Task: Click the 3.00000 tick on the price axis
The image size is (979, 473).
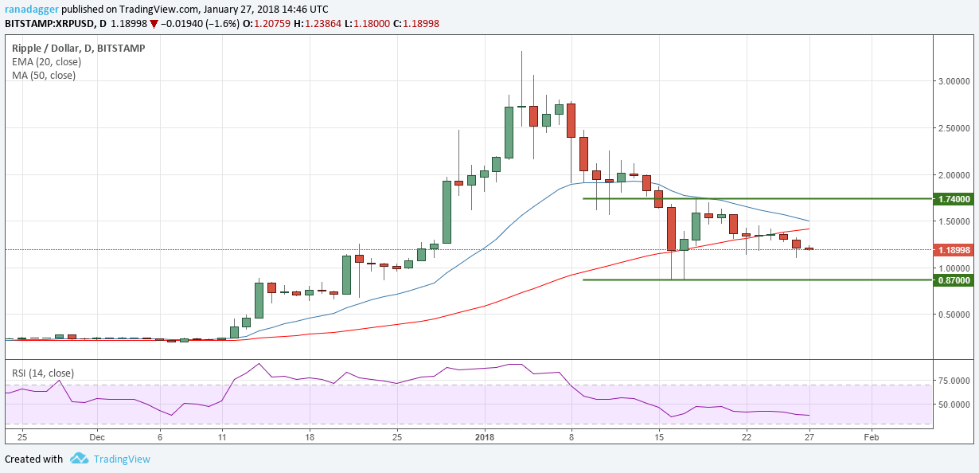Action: [x=954, y=80]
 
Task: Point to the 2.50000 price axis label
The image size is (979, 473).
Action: [x=954, y=127]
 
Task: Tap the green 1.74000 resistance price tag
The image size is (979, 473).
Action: [x=954, y=198]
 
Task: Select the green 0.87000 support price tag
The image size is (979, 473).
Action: [x=954, y=280]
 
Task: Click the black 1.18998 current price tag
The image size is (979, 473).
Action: [x=954, y=250]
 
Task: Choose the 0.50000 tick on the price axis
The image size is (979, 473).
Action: [x=954, y=315]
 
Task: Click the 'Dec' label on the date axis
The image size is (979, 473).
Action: [x=96, y=437]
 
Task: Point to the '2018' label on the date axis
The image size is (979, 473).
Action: [x=484, y=437]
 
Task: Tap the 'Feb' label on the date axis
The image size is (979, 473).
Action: [x=871, y=437]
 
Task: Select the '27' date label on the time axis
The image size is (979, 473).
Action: [x=809, y=437]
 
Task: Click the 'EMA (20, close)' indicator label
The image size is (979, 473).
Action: [x=44, y=62]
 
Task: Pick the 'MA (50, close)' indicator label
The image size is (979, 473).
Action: [x=43, y=76]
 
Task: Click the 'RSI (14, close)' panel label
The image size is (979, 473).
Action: [x=43, y=373]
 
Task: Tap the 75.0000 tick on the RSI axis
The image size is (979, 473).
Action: [x=953, y=381]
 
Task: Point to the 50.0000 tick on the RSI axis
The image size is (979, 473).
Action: [x=953, y=405]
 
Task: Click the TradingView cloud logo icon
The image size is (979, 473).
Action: [x=79, y=459]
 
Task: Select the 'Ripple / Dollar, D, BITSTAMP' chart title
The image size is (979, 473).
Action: [x=78, y=48]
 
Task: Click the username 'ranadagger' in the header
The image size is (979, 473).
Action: [x=31, y=9]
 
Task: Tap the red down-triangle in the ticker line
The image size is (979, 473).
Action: [x=154, y=24]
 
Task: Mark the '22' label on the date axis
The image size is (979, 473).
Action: [x=747, y=437]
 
